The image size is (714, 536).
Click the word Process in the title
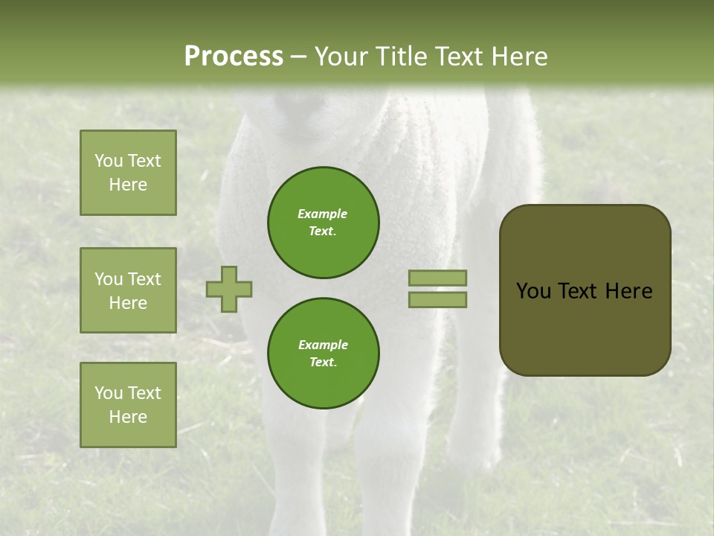pos(234,57)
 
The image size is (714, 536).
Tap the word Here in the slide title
pos(517,57)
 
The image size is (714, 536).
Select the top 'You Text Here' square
pos(128,173)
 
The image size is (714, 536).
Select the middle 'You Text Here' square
pos(128,290)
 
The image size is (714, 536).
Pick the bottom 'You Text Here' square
pos(128,405)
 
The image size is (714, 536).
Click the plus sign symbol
pos(229,289)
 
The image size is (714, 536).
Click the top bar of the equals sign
pos(437,278)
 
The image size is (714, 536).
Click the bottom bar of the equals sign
pos(437,299)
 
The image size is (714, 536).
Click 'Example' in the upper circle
pos(323,214)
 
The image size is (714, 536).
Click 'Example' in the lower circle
pos(323,345)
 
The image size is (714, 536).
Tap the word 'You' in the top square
pos(109,161)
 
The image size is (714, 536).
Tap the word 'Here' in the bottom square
pos(128,417)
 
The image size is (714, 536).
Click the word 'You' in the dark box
pos(533,291)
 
